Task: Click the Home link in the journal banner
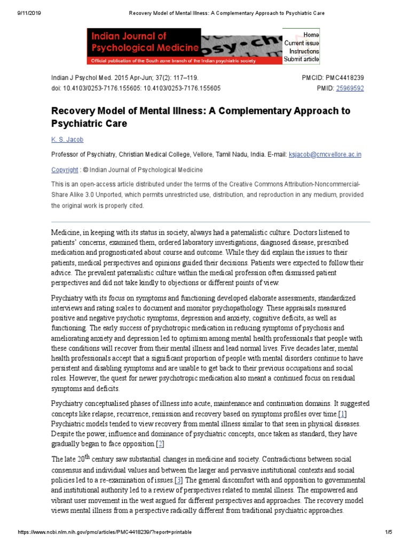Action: click(x=311, y=35)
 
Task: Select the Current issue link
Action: click(x=302, y=43)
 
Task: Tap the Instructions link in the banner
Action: click(x=304, y=51)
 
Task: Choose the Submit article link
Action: click(x=302, y=59)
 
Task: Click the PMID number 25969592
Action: click(x=350, y=88)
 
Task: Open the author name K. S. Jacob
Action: click(x=67, y=140)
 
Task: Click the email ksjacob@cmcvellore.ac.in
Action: click(x=325, y=154)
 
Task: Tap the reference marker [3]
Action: click(x=179, y=480)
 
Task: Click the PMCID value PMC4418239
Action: click(x=344, y=77)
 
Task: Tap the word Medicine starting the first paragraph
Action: click(x=67, y=232)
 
